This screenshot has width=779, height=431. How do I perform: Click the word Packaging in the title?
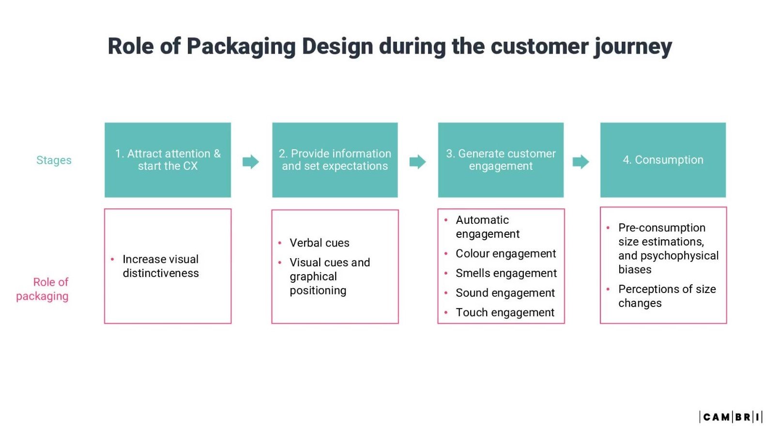click(x=241, y=47)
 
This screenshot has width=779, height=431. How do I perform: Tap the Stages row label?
click(x=54, y=160)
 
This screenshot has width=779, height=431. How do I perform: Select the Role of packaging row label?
click(x=43, y=289)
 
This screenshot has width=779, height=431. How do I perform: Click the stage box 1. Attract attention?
click(x=168, y=160)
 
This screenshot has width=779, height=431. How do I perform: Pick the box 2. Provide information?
click(x=335, y=160)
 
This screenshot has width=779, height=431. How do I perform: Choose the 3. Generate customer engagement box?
click(x=501, y=160)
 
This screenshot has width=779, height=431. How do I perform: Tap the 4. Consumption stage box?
click(x=663, y=160)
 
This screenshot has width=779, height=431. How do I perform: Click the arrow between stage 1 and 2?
click(x=251, y=162)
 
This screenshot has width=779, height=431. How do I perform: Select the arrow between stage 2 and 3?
click(x=417, y=162)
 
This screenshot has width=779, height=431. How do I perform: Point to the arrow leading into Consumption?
click(x=580, y=162)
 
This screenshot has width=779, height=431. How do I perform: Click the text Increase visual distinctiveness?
click(x=161, y=266)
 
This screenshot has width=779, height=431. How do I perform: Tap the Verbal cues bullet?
click(x=319, y=243)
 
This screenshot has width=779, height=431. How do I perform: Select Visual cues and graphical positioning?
click(x=329, y=276)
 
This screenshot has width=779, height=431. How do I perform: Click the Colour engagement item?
click(x=505, y=254)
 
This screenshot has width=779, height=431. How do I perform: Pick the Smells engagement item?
click(x=506, y=273)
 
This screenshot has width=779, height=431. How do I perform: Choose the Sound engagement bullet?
click(x=505, y=293)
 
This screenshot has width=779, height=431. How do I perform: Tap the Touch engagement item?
click(x=505, y=312)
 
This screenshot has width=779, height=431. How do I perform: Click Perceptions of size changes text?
click(x=666, y=296)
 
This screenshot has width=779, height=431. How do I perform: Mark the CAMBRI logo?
click(x=731, y=417)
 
